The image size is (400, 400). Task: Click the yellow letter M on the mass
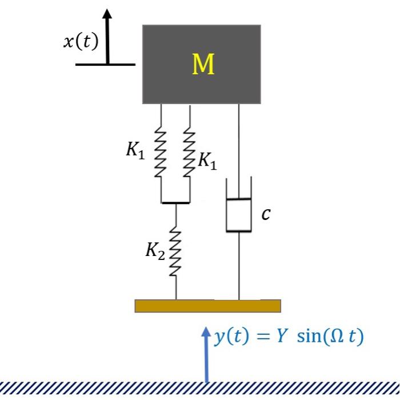coord(203,65)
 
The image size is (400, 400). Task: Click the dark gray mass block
coord(171,80)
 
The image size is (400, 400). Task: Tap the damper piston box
coord(239,215)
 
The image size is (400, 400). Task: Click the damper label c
coord(266,214)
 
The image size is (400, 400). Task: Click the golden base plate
coord(207,306)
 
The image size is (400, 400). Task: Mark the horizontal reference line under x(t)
coord(106,64)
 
